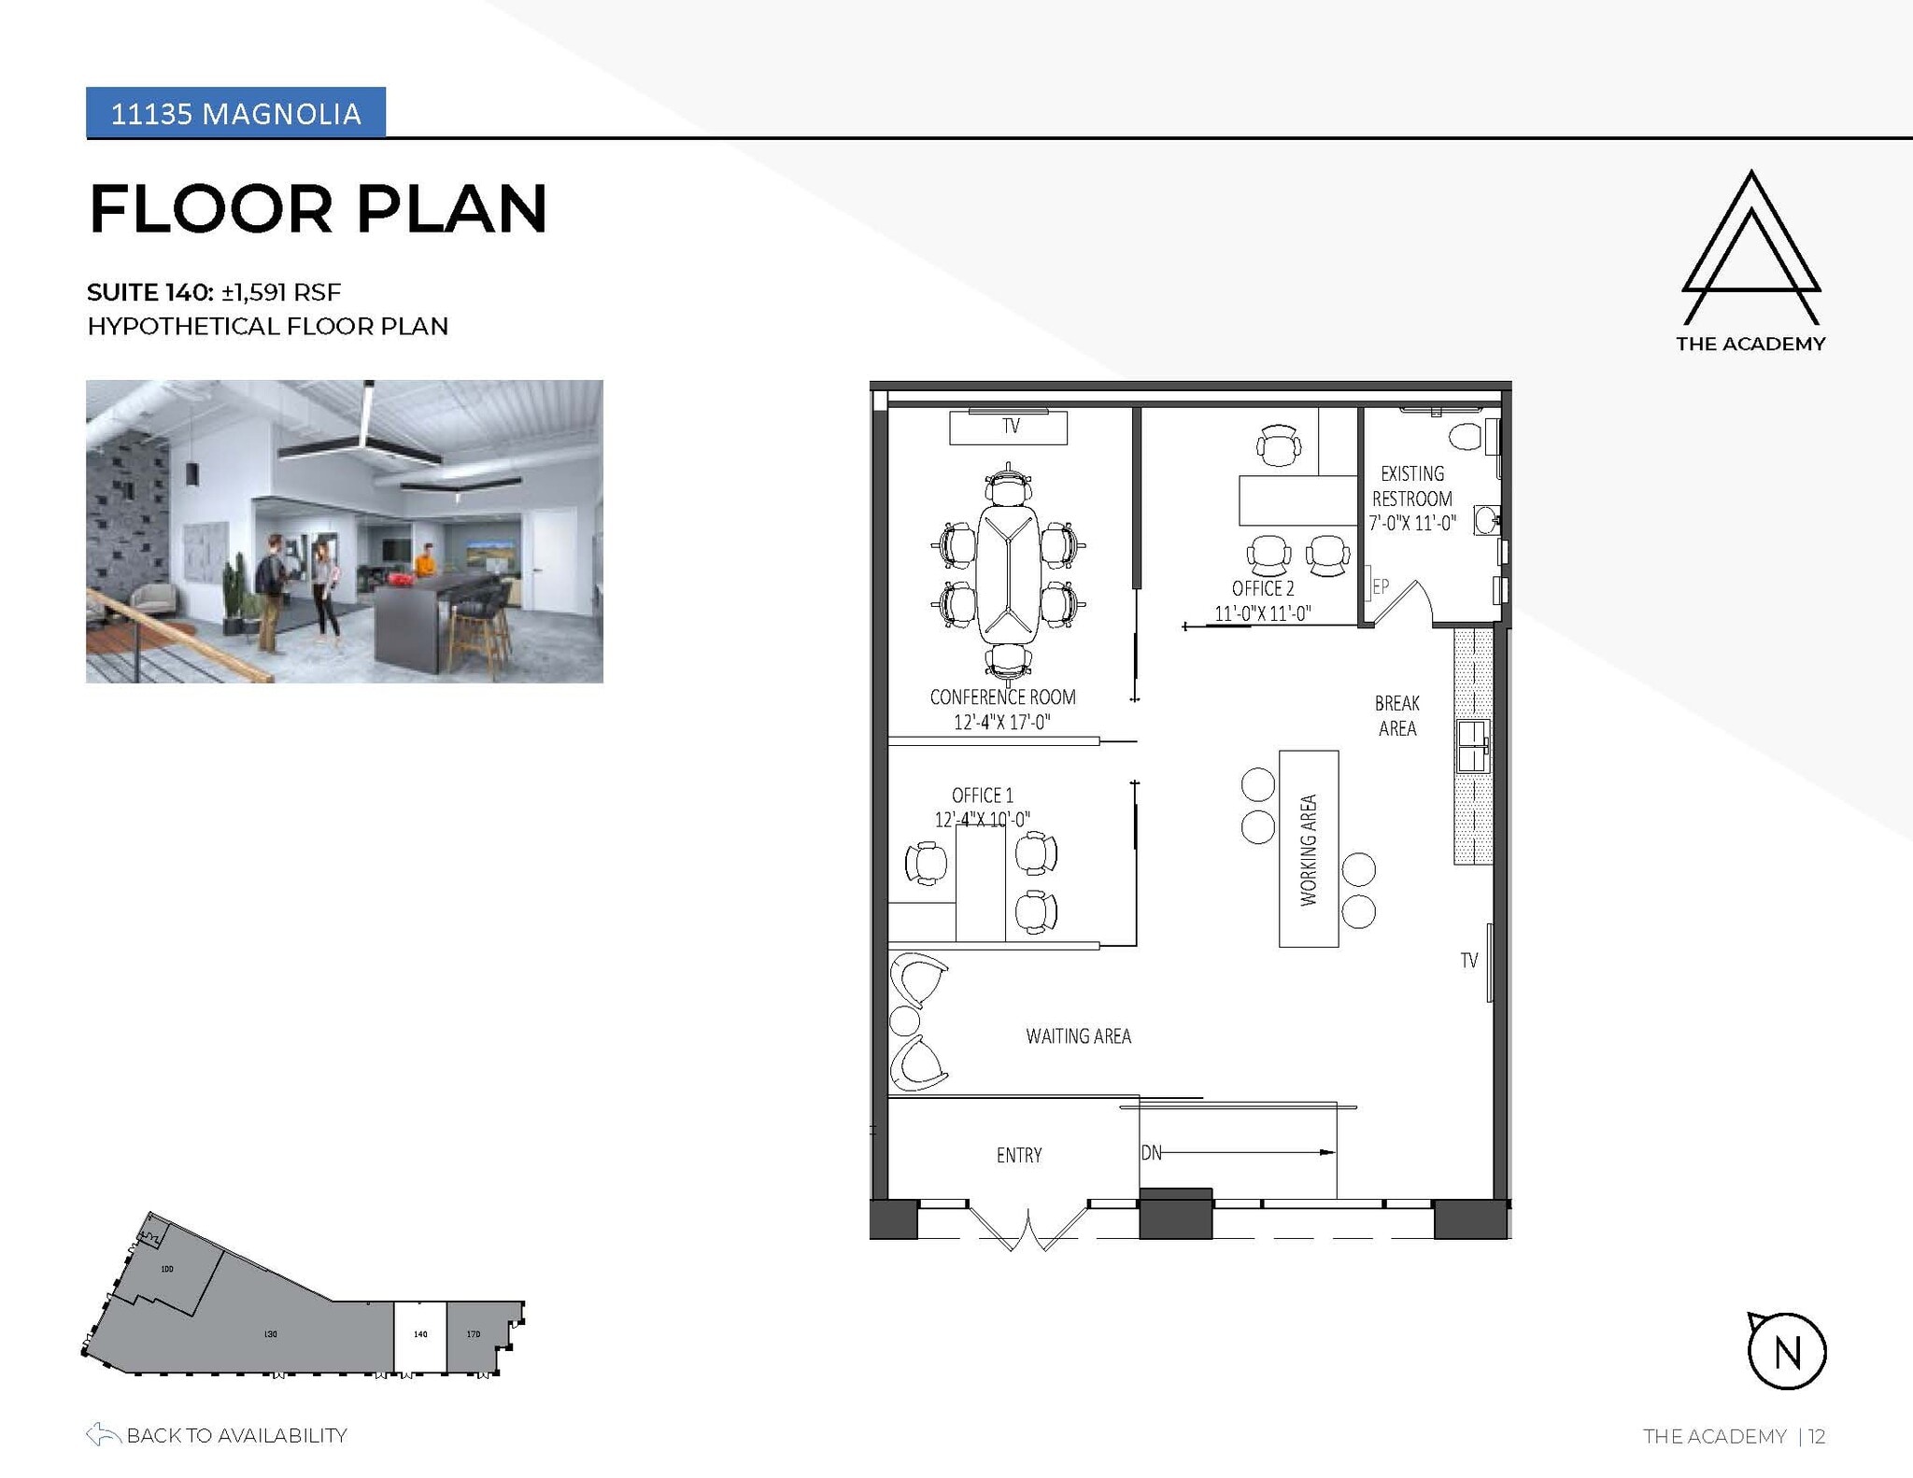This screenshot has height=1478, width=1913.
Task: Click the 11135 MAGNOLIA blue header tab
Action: click(235, 113)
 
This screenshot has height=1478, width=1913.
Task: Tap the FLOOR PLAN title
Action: click(318, 208)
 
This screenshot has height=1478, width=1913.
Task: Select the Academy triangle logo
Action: click(1750, 247)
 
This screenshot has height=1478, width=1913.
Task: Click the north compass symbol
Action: click(1786, 1350)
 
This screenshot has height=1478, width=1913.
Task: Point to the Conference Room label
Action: click(1002, 697)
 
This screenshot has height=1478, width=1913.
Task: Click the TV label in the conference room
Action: click(1010, 427)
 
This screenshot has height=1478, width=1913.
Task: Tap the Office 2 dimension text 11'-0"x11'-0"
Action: click(1262, 613)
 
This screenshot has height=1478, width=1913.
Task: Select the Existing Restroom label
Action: click(1411, 486)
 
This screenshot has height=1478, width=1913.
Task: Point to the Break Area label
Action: click(1396, 715)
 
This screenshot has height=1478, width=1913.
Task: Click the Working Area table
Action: click(1308, 849)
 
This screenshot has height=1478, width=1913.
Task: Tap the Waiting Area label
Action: click(1078, 1035)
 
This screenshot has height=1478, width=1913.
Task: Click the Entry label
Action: click(1018, 1155)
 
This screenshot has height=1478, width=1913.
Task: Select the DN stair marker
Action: click(1151, 1153)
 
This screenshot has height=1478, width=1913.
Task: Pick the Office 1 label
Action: click(982, 795)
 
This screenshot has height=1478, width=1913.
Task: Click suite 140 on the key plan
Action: click(419, 1336)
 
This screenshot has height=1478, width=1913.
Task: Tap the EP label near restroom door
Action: click(1380, 586)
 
